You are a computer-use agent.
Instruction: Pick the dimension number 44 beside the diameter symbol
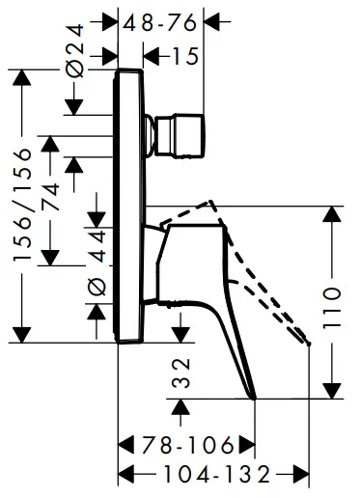coord(97,241)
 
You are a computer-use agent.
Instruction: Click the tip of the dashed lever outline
coord(308,339)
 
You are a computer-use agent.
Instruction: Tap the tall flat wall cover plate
coord(130,203)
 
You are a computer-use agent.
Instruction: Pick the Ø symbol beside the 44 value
coord(97,285)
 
